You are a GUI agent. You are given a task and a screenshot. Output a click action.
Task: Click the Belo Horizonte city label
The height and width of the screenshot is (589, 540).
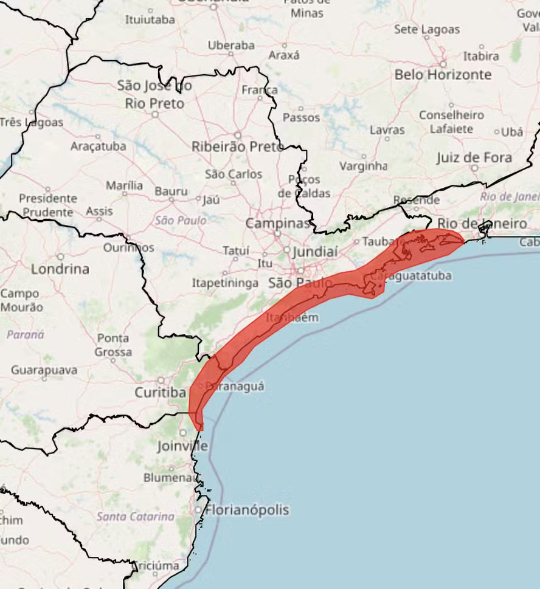443,75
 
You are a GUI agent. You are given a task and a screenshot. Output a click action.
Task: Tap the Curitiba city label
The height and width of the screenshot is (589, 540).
160,393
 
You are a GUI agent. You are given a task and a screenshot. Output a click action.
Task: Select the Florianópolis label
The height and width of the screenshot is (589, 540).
247,510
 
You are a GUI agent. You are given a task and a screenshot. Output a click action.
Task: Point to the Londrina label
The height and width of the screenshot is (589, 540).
60,269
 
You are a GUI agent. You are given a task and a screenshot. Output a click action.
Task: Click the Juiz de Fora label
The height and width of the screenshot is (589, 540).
474,158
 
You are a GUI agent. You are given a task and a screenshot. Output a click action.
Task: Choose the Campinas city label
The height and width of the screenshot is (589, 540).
278,223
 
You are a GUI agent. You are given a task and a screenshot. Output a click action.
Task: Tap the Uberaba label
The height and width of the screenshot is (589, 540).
231,45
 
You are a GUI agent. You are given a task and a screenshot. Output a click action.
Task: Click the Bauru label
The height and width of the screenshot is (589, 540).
171,191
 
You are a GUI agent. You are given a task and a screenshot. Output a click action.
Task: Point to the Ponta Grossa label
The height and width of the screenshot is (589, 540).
113,345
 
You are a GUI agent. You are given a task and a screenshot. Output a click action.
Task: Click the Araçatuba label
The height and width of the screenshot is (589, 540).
99,146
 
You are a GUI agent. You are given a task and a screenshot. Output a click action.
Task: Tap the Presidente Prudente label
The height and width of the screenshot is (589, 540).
47,205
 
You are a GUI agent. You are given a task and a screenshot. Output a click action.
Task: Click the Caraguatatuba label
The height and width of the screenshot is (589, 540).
411,276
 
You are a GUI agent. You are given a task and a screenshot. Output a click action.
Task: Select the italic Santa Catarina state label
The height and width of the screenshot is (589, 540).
136,517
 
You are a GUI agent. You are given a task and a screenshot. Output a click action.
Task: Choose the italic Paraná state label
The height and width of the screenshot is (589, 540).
26,334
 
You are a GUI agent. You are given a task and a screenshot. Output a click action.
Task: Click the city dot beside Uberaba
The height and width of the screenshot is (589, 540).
231,54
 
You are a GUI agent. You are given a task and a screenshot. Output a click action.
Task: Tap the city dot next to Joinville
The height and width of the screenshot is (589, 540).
182,433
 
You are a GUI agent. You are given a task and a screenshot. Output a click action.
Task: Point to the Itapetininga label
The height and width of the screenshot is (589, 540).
225,283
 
